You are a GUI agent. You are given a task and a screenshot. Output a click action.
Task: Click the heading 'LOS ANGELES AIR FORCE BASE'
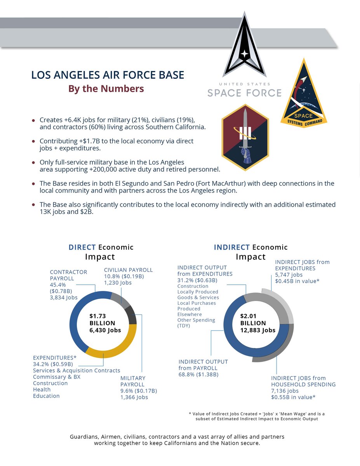[108, 75]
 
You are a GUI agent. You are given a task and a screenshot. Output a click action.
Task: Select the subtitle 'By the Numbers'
[106, 89]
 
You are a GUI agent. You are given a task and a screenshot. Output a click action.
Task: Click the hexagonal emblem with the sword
[245, 137]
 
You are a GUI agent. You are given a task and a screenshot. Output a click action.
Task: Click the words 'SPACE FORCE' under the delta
[244, 93]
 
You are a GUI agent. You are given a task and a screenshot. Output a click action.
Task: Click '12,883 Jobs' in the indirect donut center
[258, 330]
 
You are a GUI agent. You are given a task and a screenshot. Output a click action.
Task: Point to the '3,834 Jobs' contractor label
[64, 297]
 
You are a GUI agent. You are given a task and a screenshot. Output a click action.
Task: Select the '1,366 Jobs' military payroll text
[134, 397]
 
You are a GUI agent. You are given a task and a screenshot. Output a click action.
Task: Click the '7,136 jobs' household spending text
[285, 391]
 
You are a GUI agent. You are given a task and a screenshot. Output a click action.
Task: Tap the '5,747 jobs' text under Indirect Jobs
[289, 275]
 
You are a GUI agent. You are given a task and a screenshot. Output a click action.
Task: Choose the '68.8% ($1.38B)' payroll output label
[198, 374]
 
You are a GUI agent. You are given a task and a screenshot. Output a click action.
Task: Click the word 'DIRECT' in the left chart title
[82, 247]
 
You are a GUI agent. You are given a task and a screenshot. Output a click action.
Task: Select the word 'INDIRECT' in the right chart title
[232, 247]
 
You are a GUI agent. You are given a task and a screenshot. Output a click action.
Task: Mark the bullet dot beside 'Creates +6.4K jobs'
[33, 120]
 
